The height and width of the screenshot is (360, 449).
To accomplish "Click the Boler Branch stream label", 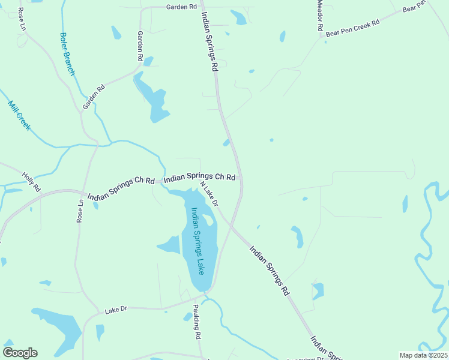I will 67,53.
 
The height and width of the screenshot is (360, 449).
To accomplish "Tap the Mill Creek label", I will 19,117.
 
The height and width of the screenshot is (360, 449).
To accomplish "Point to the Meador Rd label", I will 321,16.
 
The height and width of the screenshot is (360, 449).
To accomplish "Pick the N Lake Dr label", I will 209,194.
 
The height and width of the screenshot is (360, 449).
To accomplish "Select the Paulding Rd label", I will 196,323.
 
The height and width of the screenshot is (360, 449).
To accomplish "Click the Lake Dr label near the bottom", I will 116,310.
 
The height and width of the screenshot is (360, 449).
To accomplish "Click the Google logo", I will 20,353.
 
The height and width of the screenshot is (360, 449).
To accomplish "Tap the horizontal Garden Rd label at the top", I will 181,7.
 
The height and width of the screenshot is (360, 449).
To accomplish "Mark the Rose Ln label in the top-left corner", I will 22,20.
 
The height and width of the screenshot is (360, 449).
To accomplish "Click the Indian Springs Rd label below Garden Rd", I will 208,42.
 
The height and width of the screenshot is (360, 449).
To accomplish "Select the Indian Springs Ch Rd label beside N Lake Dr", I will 199,178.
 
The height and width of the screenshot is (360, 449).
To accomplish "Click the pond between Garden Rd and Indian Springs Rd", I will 152,98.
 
